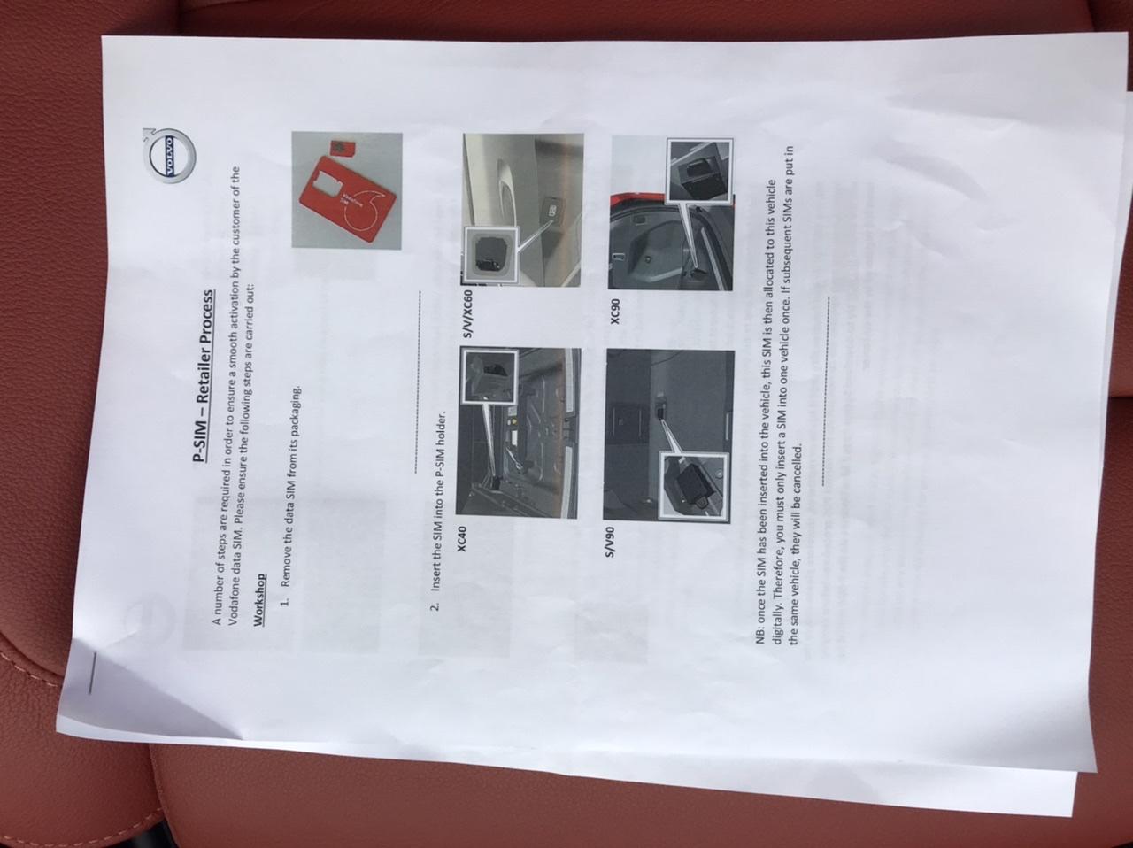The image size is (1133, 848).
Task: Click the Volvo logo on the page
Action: pos(170,154)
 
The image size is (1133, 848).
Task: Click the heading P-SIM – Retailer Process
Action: pos(202,375)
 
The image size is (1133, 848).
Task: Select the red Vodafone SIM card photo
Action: pos(347,190)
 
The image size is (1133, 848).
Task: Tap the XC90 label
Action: pos(615,312)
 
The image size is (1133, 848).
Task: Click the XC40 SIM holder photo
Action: pos(518,433)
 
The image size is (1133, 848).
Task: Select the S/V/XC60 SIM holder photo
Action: pos(522,210)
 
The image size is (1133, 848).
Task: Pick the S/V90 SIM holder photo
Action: pos(668,436)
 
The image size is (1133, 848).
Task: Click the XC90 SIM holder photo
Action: pos(671,212)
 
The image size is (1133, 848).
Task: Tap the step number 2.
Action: pos(435,605)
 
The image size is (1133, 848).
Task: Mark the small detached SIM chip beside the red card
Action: pos(339,148)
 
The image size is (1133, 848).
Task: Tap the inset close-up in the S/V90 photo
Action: pos(693,486)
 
